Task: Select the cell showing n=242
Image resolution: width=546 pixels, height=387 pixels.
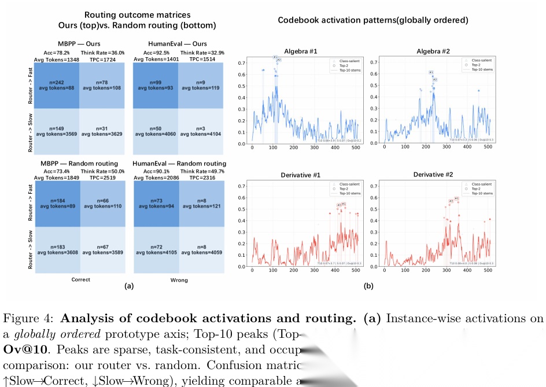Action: coord(56,84)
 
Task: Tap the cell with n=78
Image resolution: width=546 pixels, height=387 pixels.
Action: coord(101,84)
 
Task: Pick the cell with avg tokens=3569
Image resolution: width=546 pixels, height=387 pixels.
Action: coord(56,131)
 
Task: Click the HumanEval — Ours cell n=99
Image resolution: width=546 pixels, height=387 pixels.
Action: coord(156,84)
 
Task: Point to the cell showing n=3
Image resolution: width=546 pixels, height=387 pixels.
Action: coord(200,131)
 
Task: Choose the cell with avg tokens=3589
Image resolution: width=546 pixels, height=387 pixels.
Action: coord(101,249)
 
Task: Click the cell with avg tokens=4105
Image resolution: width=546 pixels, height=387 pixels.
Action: coord(156,249)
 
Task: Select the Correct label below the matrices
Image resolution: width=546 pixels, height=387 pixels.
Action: coord(80,280)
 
